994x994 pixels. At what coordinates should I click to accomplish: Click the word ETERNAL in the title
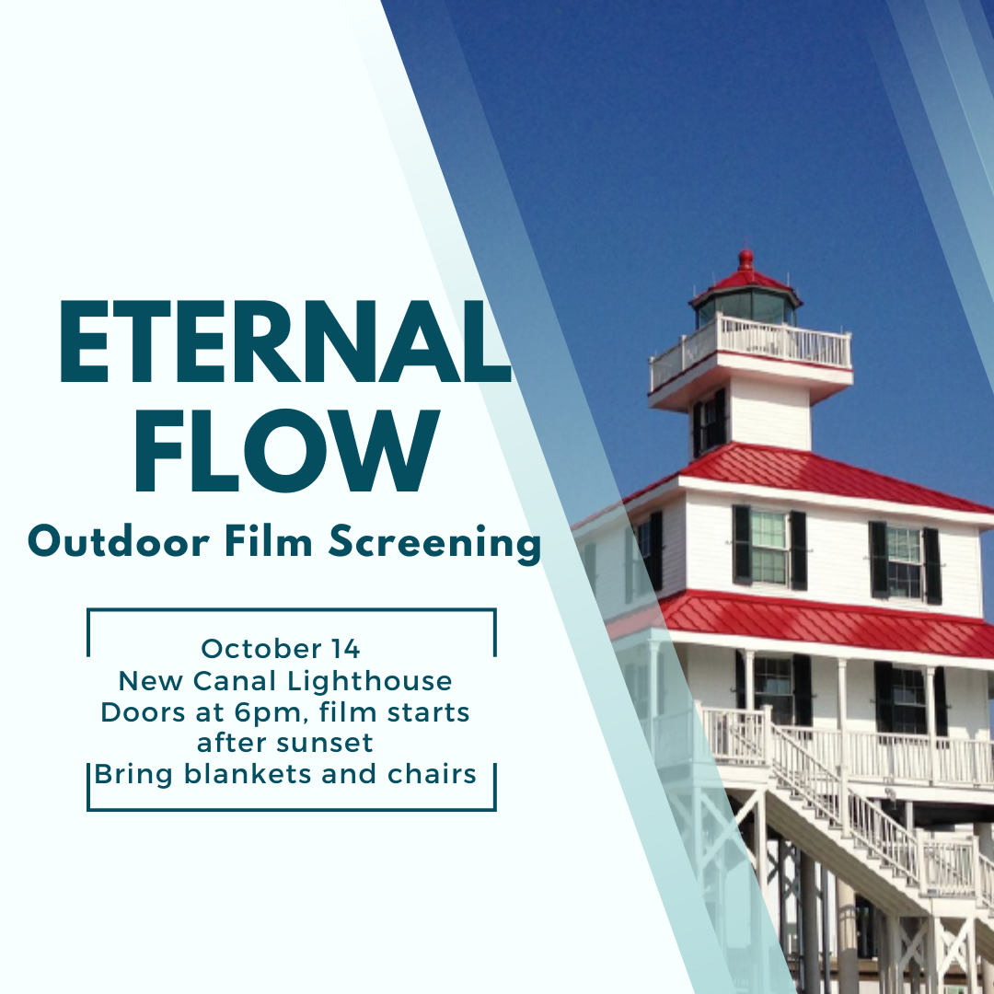coord(284,341)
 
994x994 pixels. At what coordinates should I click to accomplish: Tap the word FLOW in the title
coord(286,451)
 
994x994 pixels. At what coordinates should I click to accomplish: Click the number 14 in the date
coord(345,649)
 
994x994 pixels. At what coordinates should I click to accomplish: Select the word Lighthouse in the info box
coord(370,681)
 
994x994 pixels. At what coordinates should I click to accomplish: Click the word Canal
coord(236,681)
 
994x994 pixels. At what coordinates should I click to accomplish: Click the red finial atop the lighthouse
coord(746,260)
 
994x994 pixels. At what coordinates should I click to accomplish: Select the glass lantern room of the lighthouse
coord(746,306)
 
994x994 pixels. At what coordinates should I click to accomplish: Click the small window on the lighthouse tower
coord(710,421)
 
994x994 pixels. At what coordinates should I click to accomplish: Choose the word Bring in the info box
coord(133,775)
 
